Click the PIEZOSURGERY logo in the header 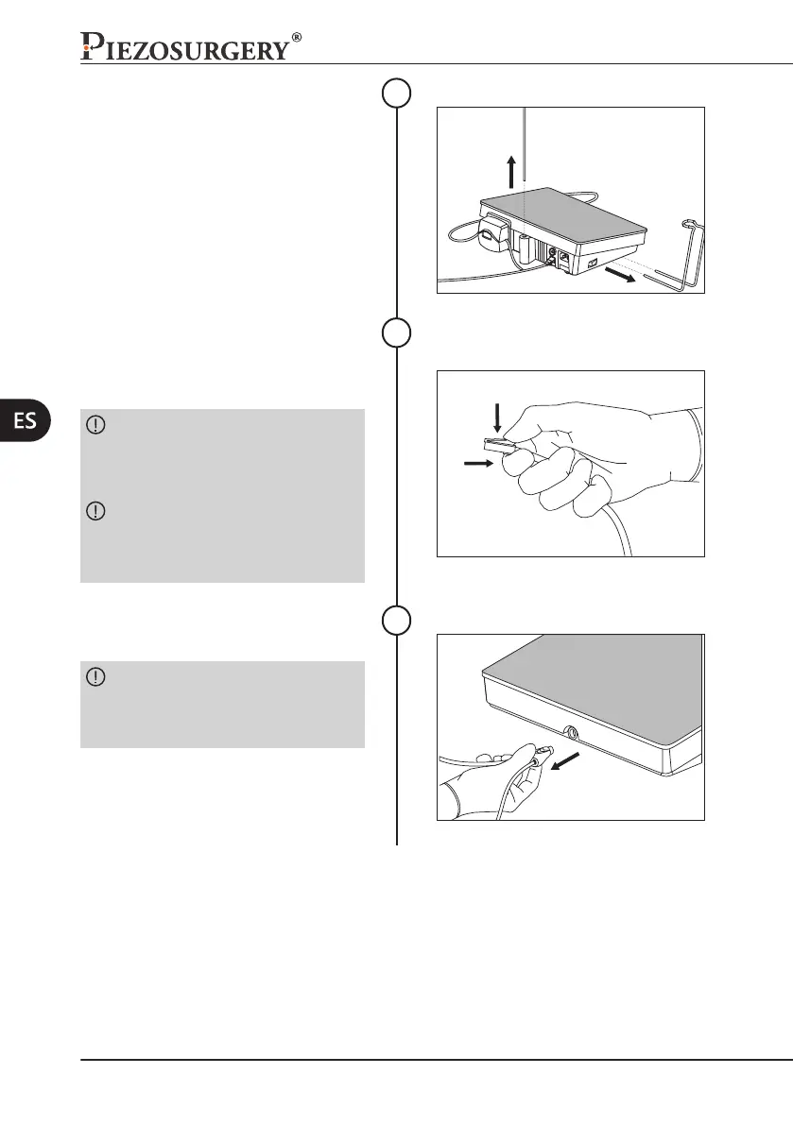click(185, 45)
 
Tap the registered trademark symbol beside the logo click(297, 38)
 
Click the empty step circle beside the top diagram click(397, 92)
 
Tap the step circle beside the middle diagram click(397, 333)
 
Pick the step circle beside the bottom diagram click(397, 620)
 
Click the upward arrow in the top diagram click(511, 172)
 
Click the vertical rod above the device click(524, 151)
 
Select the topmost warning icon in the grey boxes click(96, 426)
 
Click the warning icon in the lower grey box click(96, 677)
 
